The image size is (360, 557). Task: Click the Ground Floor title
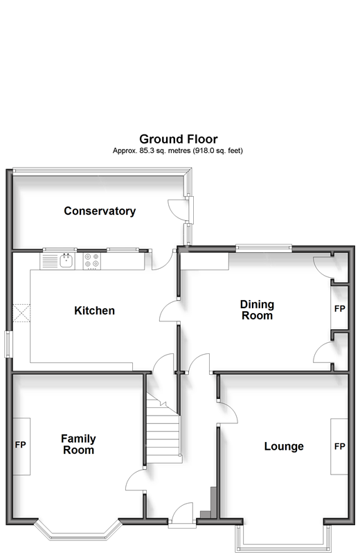click(x=178, y=139)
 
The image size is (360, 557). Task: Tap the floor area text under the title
click(x=178, y=150)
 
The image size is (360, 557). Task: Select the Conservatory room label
click(x=100, y=211)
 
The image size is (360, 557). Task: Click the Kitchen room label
click(x=94, y=310)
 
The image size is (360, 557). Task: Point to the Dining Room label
click(x=257, y=310)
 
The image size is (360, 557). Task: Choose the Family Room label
click(x=78, y=444)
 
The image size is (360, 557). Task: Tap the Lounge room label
click(x=284, y=446)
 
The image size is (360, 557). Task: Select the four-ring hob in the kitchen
click(x=92, y=261)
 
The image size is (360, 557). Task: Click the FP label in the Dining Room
click(x=340, y=309)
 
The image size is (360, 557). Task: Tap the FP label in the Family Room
click(x=21, y=445)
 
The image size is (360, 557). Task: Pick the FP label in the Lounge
click(x=340, y=446)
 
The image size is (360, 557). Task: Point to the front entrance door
click(x=182, y=514)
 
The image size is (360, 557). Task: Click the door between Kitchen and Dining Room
click(x=168, y=310)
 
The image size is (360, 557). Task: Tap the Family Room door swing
click(x=136, y=480)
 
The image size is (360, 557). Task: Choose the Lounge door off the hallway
click(x=227, y=412)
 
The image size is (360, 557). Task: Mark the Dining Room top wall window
click(x=264, y=248)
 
